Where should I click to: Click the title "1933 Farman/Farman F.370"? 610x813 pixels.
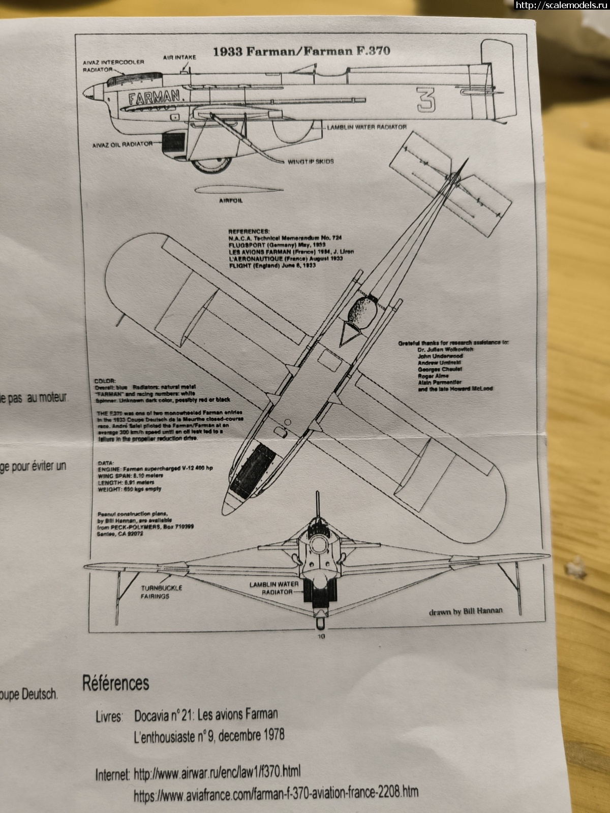tap(301, 51)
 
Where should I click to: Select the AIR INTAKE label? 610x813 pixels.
tap(179, 57)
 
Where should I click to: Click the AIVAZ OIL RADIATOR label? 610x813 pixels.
tap(122, 144)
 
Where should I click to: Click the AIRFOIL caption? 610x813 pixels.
tap(231, 201)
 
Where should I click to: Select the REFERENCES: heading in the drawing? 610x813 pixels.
tap(249, 231)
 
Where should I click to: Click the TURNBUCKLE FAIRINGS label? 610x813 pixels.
tap(161, 592)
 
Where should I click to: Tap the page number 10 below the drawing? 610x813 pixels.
tap(321, 636)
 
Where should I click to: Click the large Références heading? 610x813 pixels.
tap(116, 683)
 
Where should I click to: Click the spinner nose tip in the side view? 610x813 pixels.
tap(85, 93)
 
